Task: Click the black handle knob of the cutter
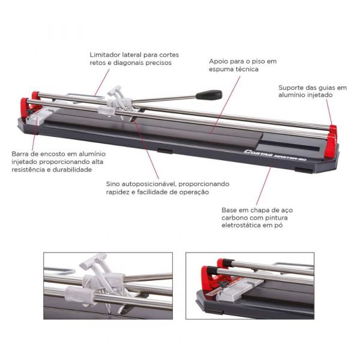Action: point(209,94)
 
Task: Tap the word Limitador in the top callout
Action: point(105,55)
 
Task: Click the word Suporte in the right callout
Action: point(291,88)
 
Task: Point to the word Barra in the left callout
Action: point(20,154)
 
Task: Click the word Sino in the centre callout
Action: point(113,184)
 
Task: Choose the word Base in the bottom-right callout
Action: point(229,210)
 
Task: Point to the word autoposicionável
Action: point(149,184)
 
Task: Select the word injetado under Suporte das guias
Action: point(319,95)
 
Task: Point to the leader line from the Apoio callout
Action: point(225,105)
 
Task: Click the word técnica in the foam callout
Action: point(247,69)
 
